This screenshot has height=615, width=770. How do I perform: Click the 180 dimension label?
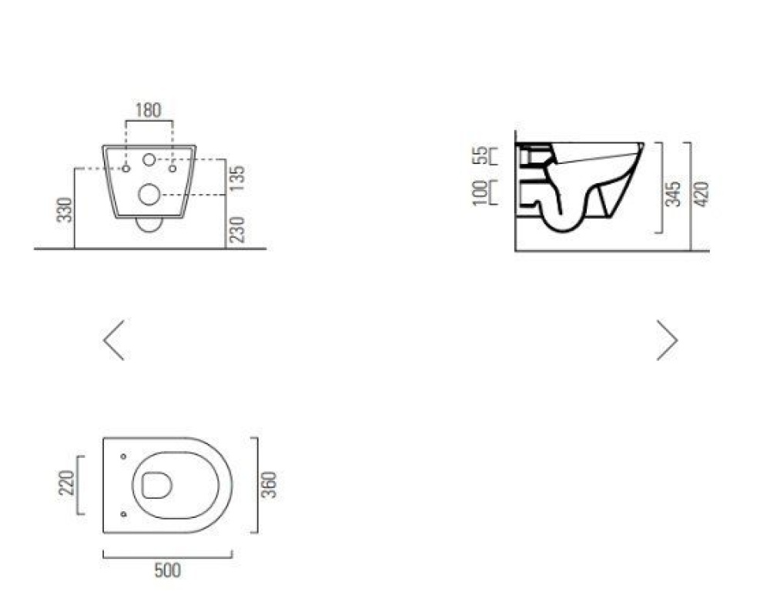149,110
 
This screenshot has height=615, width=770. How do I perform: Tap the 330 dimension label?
65,209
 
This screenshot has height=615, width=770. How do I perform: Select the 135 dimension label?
237,179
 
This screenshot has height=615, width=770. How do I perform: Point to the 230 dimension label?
237,229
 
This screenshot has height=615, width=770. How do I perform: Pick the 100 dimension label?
480,193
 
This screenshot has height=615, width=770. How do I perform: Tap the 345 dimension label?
673,194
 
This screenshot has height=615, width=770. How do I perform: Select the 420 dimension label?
701,194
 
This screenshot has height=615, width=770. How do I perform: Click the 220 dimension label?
66,483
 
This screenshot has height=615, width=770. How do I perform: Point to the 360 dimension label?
269,484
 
